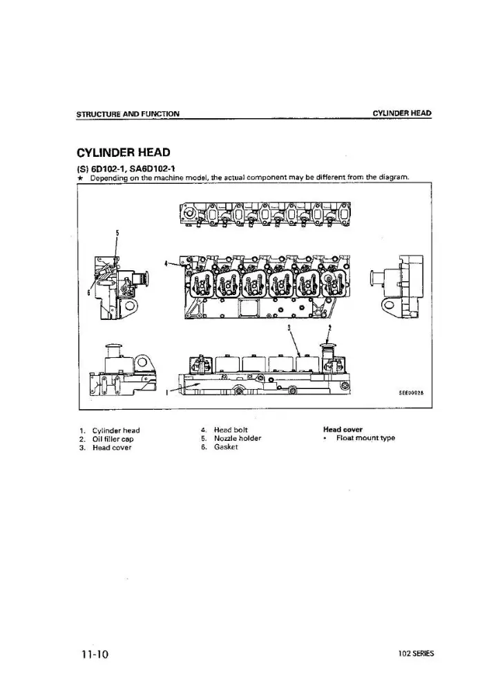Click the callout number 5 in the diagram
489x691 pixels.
coord(117,232)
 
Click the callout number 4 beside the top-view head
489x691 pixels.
coord(166,263)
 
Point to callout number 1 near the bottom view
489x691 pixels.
coord(167,392)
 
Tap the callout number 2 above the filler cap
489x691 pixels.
coord(329,328)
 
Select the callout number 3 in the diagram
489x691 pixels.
coord(289,328)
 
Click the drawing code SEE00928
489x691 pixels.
coord(411,394)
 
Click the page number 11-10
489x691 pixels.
coord(94,654)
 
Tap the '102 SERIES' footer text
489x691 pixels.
coord(416,654)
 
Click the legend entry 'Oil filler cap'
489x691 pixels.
coord(113,439)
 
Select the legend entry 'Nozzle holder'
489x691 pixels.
coord(238,438)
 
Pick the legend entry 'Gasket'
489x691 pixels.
coord(226,447)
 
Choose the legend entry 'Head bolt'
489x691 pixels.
coord(231,430)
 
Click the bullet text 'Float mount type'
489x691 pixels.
coord(365,438)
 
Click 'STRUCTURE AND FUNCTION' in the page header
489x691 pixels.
coord(128,114)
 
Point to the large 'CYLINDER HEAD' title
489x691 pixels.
coord(124,153)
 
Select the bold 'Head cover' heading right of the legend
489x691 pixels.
coord(343,429)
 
